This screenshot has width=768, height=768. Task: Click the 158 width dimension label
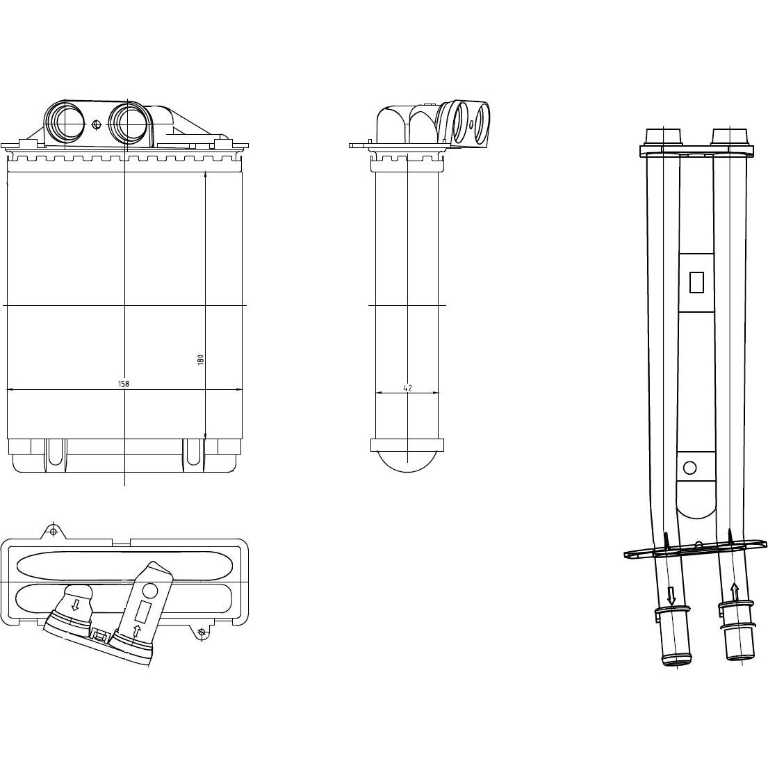coord(124,384)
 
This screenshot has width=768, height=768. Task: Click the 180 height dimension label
coord(200,360)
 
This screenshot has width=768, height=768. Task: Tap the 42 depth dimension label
coord(407,388)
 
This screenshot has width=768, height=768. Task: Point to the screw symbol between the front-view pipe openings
coord(96,124)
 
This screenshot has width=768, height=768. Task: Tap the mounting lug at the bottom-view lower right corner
coord(202,632)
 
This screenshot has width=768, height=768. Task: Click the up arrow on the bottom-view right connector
coord(136,630)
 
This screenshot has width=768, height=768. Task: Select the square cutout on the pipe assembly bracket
coord(696,282)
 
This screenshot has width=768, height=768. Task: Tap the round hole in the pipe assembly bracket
coord(689,468)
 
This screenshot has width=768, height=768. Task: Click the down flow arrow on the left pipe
coord(671,595)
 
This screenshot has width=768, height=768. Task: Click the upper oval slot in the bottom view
coord(124,566)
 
